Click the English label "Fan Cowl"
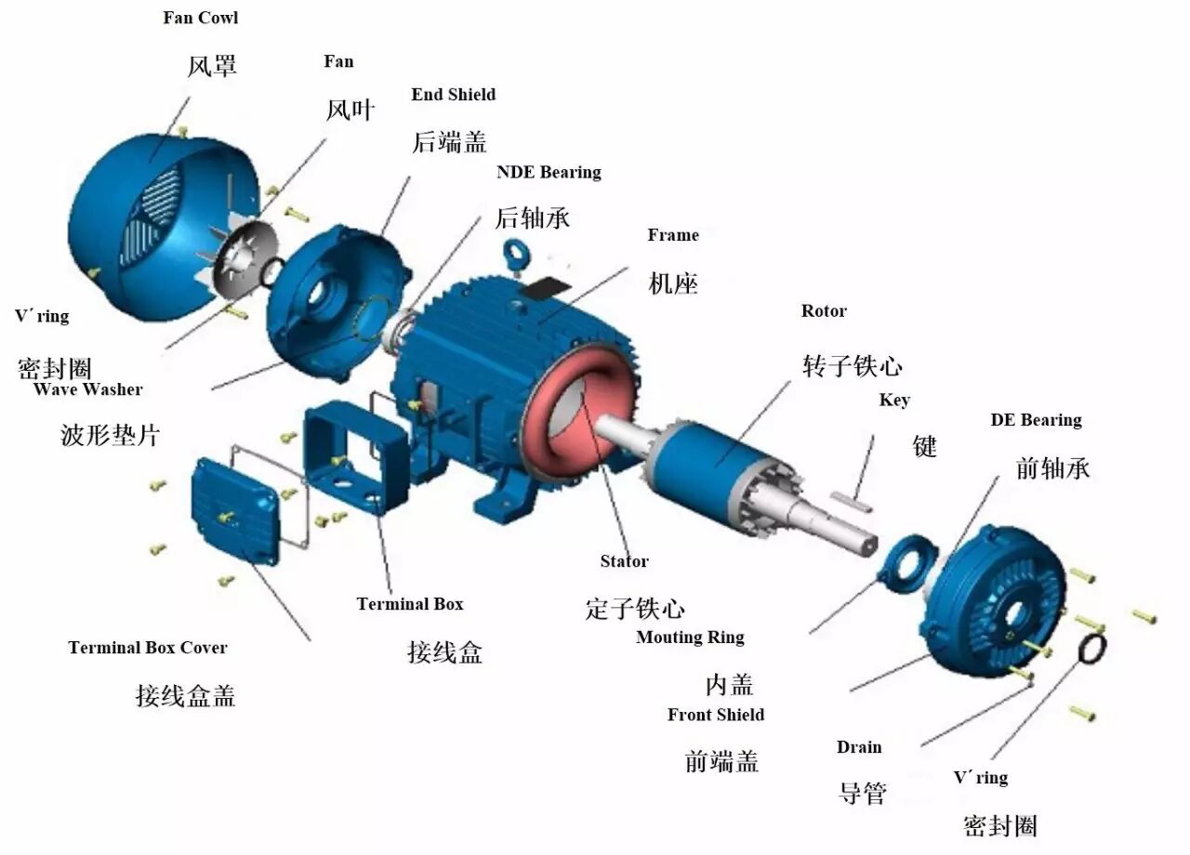click(200, 18)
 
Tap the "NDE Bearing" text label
click(549, 172)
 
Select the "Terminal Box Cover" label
click(148, 648)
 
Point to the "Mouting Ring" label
click(690, 637)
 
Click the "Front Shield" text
click(716, 715)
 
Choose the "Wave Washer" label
click(88, 388)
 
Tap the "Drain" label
click(859, 747)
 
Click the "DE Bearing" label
click(1036, 420)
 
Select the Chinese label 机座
click(672, 283)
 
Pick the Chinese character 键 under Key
click(924, 446)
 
